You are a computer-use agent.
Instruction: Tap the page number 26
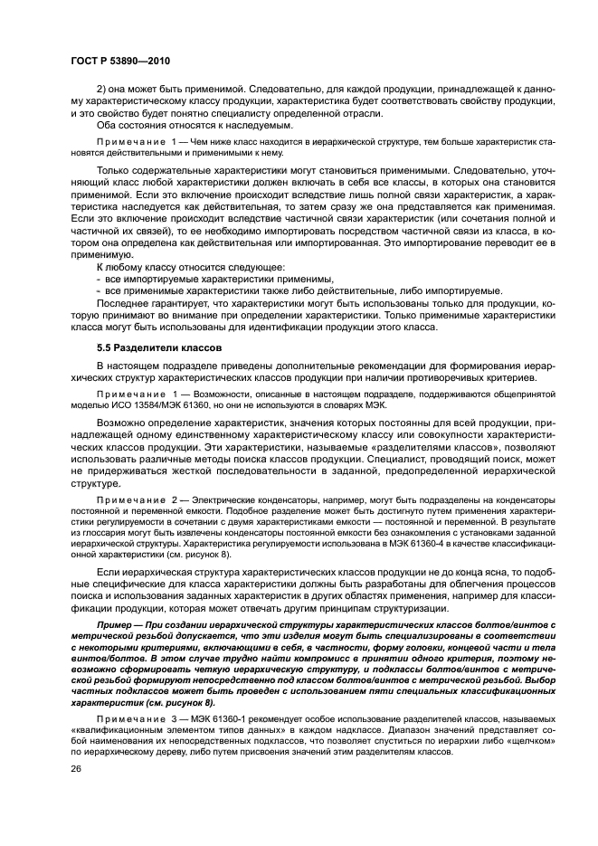[75, 768]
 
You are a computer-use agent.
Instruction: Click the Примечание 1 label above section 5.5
[136, 144]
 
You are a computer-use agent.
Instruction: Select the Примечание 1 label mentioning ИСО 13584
[136, 394]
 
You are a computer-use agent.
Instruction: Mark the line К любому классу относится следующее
[190, 267]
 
